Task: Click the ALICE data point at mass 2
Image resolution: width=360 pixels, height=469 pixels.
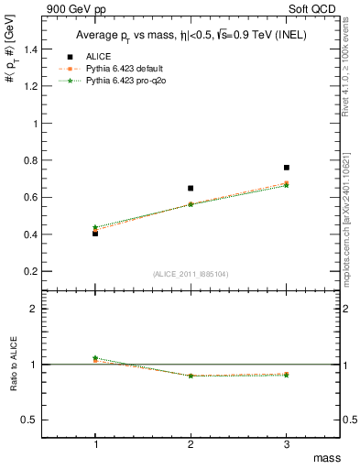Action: (x=191, y=188)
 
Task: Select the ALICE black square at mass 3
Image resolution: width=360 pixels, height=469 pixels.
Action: (x=287, y=168)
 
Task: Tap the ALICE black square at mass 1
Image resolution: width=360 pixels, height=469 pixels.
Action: (x=95, y=234)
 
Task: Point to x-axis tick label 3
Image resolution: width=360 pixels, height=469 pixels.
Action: (x=287, y=444)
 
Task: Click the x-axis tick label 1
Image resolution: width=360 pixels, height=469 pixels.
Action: (x=95, y=444)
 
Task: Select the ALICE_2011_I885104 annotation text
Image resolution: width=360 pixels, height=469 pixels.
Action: (x=191, y=274)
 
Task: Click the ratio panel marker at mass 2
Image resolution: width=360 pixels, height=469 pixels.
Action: (x=191, y=376)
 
